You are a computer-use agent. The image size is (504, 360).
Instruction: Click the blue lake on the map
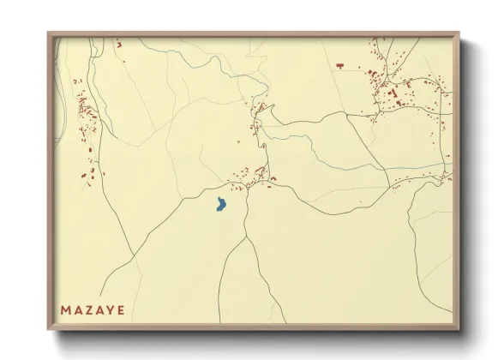pyautogui.click(x=220, y=205)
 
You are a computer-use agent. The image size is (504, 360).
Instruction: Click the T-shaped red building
pyautogui.click(x=339, y=65)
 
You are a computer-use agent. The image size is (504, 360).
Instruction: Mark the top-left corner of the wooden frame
pyautogui.click(x=49, y=33)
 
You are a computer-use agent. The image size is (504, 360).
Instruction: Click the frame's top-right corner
pyautogui.click(x=459, y=33)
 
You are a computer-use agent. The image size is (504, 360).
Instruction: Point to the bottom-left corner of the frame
pyautogui.click(x=49, y=330)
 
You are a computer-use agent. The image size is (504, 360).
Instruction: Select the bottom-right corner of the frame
pyautogui.click(x=459, y=330)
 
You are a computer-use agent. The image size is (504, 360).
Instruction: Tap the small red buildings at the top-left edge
pyautogui.click(x=119, y=43)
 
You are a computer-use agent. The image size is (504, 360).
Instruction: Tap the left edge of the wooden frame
pyautogui.click(x=50, y=180)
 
